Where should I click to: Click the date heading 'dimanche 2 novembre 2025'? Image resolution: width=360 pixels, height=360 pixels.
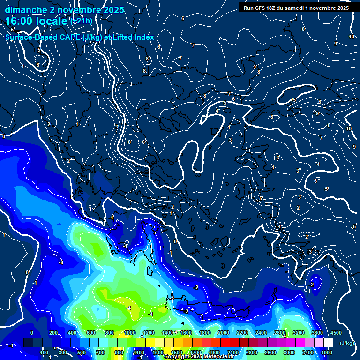[64, 10]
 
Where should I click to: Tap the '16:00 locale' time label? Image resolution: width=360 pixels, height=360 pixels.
[37, 21]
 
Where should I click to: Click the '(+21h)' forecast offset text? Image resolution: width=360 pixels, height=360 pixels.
[81, 21]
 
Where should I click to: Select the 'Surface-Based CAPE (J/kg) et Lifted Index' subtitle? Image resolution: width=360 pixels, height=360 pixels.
[80, 37]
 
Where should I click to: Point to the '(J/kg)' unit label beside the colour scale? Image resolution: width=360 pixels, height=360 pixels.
[347, 344]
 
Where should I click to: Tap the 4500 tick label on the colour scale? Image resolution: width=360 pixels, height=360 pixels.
[336, 333]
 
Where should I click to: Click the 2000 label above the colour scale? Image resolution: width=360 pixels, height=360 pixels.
[224, 333]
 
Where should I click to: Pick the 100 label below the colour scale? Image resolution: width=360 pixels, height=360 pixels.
[44, 352]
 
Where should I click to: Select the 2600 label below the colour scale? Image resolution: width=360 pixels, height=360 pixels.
[270, 352]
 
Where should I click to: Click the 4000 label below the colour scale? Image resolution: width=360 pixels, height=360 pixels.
[327, 352]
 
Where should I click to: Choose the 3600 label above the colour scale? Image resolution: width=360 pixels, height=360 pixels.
[317, 333]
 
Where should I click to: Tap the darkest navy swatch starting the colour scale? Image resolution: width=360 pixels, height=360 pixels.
[28, 343]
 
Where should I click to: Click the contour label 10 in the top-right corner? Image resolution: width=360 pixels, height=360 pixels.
[352, 37]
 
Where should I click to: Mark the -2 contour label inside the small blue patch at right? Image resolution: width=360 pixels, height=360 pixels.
[311, 285]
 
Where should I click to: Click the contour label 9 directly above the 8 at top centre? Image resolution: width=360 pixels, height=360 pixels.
[255, 67]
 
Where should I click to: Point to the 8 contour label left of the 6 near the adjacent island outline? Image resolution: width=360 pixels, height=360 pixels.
[130, 142]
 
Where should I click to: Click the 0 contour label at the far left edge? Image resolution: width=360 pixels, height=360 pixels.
[4, 136]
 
